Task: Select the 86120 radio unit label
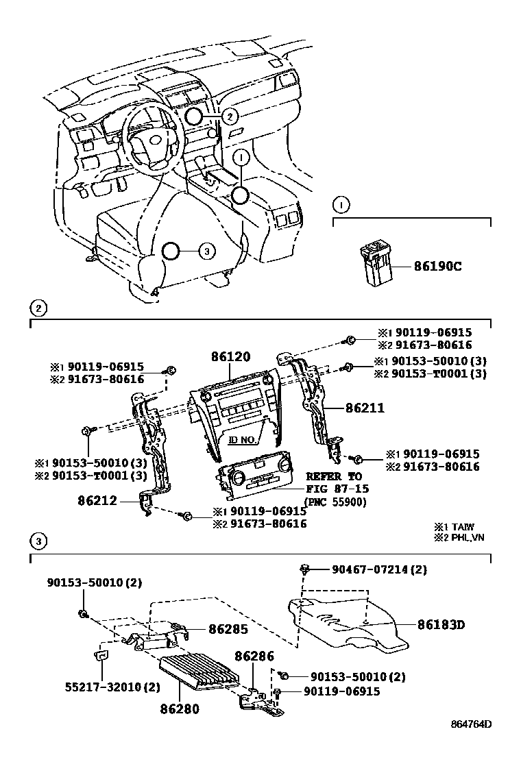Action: pos(230,357)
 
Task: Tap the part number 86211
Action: pos(365,408)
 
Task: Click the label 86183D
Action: pos(441,624)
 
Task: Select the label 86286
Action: pos(255,656)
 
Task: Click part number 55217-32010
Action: pos(103,687)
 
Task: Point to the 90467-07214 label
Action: pos(380,569)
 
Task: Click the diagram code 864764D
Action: pos(471,743)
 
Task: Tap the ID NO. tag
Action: pos(243,441)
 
